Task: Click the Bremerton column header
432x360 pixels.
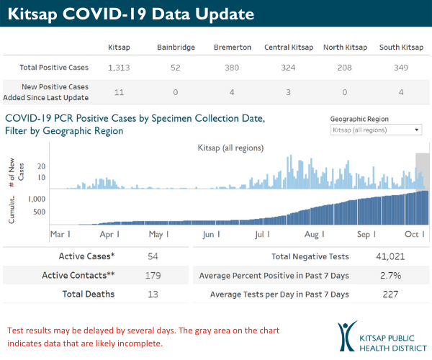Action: [233, 48]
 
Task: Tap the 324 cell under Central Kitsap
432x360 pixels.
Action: [289, 68]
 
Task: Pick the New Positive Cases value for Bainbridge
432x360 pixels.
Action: [176, 92]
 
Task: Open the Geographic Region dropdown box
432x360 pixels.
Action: [376, 130]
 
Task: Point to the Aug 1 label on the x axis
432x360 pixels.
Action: [314, 234]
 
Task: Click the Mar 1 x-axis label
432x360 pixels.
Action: [60, 234]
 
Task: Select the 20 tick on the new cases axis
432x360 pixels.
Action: [42, 165]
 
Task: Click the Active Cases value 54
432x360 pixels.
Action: [152, 256]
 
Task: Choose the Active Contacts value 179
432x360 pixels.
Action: [152, 275]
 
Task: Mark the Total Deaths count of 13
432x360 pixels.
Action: [152, 294]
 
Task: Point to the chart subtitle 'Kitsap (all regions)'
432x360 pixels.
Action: [230, 148]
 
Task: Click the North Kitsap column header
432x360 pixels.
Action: [344, 48]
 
